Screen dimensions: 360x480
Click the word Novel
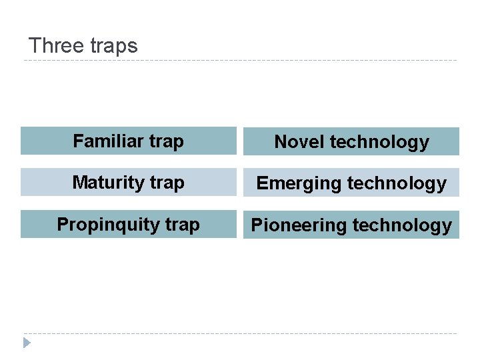pyautogui.click(x=299, y=142)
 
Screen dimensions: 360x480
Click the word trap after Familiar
pyautogui.click(x=167, y=141)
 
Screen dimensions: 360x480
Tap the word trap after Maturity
pyautogui.click(x=167, y=183)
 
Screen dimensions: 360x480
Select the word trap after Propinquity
pyautogui.click(x=182, y=225)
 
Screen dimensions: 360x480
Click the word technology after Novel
pyautogui.click(x=379, y=142)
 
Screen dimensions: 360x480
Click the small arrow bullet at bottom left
pyautogui.click(x=27, y=343)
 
